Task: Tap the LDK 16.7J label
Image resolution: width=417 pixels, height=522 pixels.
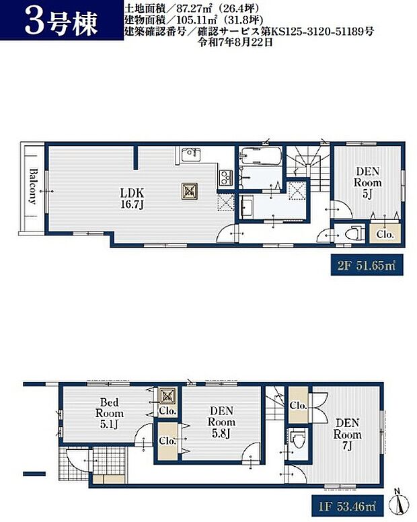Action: coord(132,198)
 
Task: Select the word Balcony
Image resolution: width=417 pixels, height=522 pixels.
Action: coord(33,186)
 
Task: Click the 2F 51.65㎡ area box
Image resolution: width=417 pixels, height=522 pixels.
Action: coord(367,265)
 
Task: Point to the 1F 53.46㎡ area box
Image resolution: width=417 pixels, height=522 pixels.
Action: coord(348,507)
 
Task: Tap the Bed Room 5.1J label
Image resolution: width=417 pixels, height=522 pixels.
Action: coord(110,413)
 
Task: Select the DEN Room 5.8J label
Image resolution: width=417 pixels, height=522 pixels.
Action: coord(221,422)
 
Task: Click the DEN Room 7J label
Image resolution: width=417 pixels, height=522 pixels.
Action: coord(347,434)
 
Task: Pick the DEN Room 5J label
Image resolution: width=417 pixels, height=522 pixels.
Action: coord(367,183)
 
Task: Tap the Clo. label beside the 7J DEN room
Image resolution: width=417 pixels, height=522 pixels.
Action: coord(298,405)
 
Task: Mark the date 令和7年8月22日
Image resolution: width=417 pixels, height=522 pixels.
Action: coord(236,42)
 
